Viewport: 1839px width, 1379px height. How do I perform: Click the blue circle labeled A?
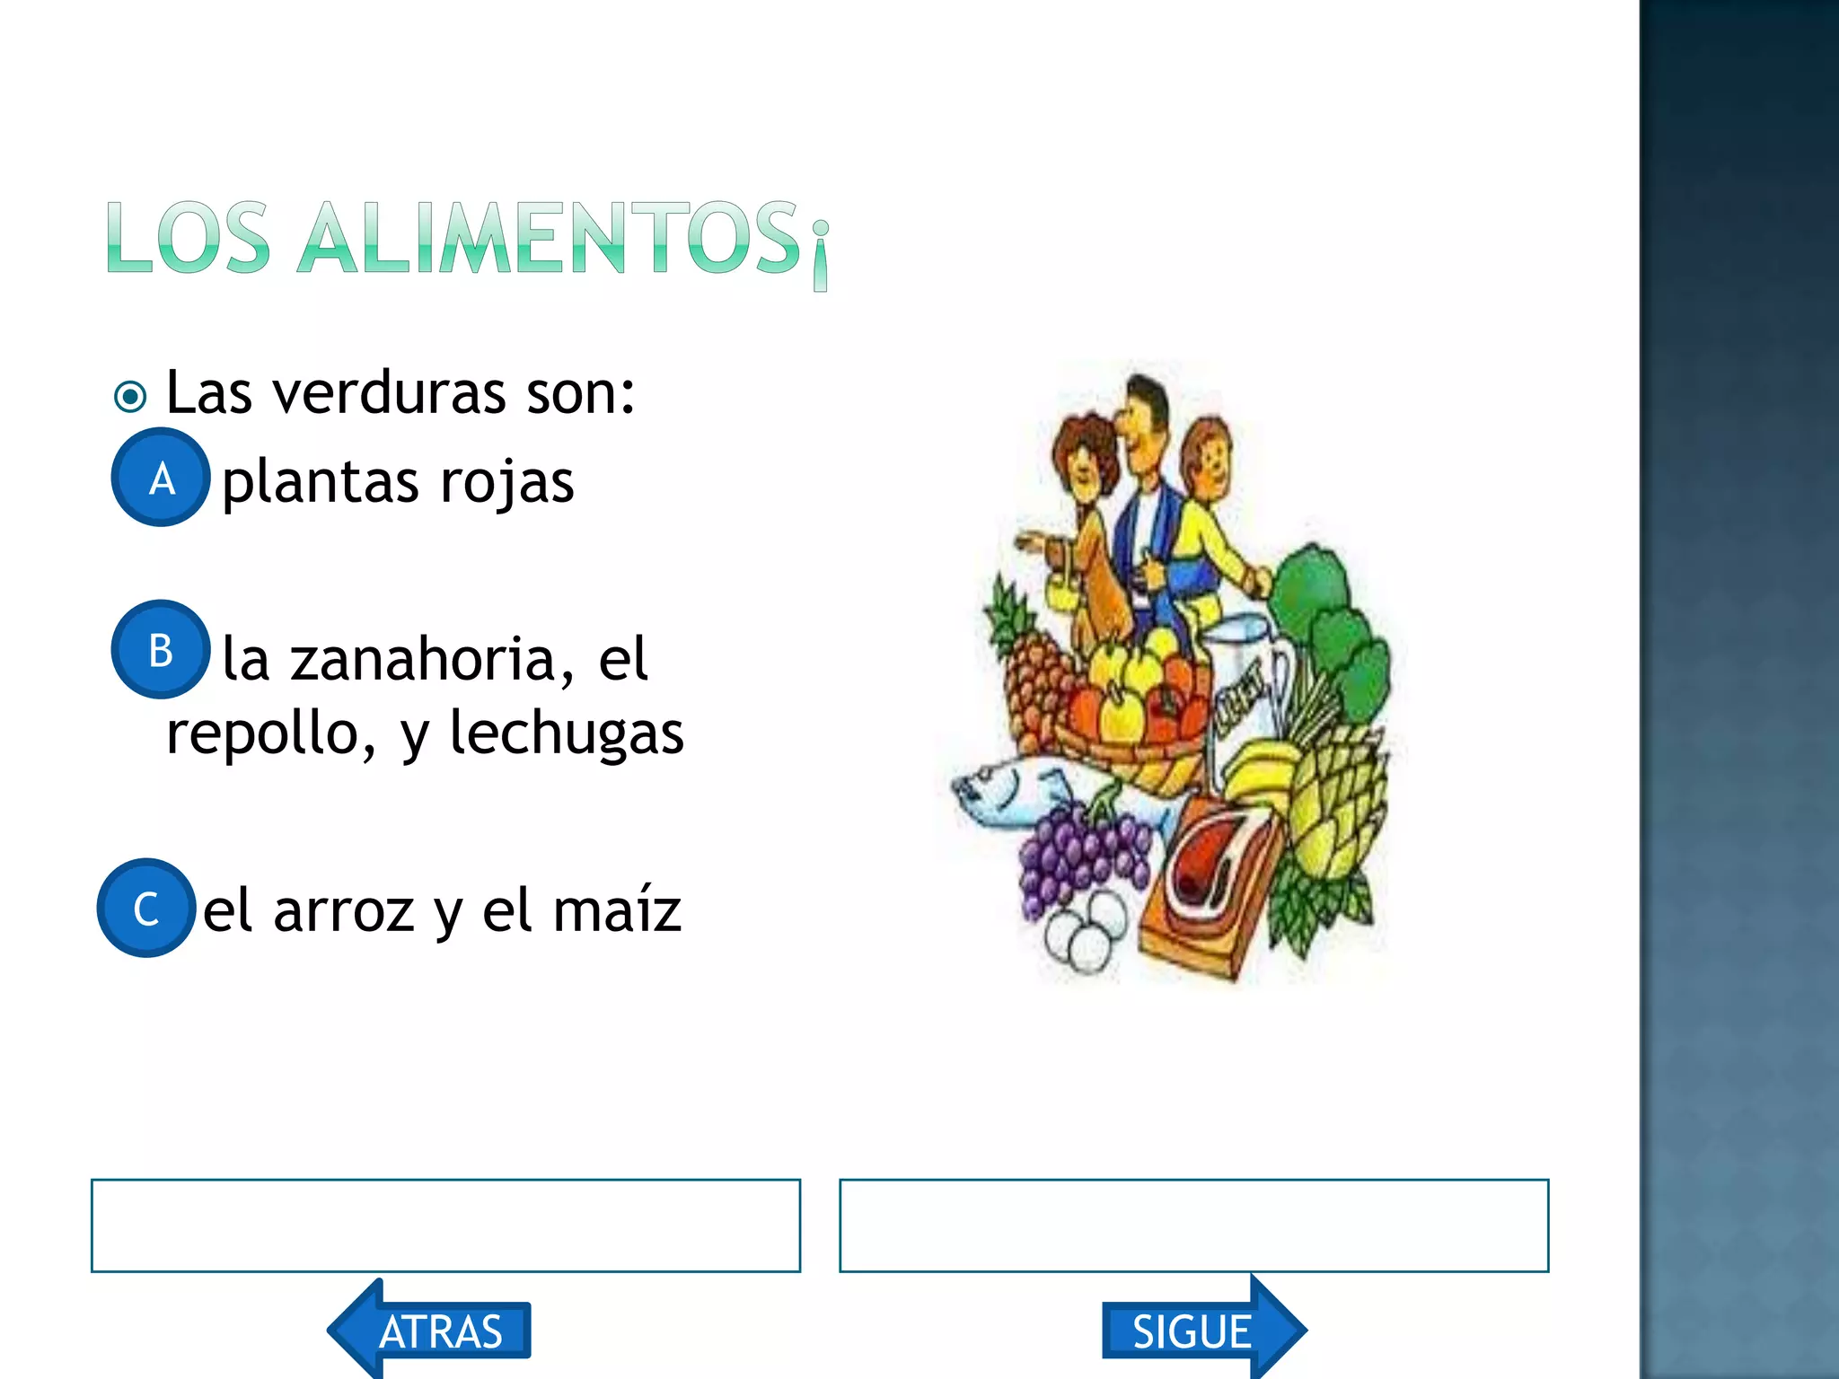[x=161, y=478]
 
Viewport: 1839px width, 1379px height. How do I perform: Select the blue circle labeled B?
[x=161, y=649]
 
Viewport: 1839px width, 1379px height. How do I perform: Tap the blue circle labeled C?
[x=146, y=908]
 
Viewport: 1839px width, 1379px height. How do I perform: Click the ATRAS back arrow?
[x=431, y=1330]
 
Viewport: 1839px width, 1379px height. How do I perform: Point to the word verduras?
[x=390, y=393]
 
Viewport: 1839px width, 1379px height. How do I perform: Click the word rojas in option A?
[x=507, y=483]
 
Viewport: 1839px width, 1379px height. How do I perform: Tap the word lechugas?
[x=567, y=733]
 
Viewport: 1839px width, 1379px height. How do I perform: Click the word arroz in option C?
[x=344, y=911]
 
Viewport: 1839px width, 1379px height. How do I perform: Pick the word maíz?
[x=617, y=911]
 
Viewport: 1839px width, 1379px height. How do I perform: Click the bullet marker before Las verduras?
[x=130, y=396]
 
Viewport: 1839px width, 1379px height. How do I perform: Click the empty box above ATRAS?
[x=445, y=1225]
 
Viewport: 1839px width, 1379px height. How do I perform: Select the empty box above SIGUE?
[x=1193, y=1225]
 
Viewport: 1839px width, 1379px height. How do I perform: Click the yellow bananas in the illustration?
[x=1257, y=772]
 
